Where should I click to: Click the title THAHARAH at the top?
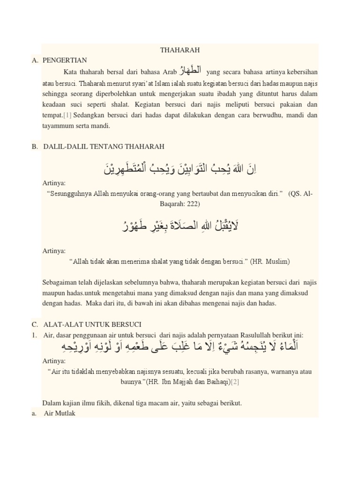coord(180,50)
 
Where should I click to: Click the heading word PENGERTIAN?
coord(65,60)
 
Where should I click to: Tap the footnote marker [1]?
coord(68,115)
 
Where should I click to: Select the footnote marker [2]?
coord(235,382)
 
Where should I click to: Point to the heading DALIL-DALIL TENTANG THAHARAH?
coord(104,147)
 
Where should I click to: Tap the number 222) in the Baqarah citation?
coord(192,204)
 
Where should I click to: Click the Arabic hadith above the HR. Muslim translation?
coord(180,226)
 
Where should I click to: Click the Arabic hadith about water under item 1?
coord(180,348)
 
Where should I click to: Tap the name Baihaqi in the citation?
coord(215,382)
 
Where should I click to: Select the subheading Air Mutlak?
coord(59,413)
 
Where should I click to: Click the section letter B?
coord(35,147)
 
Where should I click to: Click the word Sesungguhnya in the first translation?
coord(68,194)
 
